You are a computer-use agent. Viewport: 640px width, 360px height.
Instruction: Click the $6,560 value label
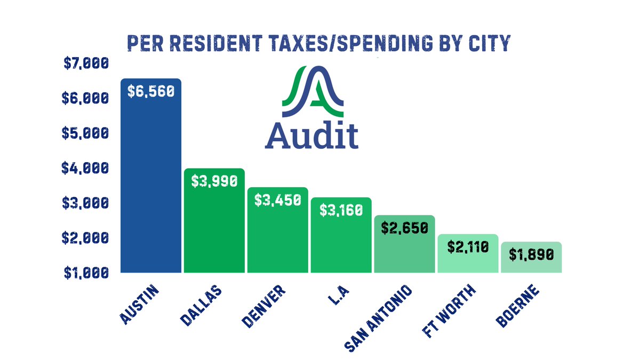pyautogui.click(x=151, y=92)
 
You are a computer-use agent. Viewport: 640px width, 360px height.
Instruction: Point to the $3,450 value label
pyautogui.click(x=277, y=201)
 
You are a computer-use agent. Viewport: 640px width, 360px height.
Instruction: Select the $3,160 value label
pyautogui.click(x=341, y=210)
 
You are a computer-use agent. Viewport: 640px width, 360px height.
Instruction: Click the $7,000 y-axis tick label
pyautogui.click(x=86, y=64)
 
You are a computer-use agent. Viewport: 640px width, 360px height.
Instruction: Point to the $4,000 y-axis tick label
pyautogui.click(x=86, y=169)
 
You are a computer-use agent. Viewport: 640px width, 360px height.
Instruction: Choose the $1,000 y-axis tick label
pyautogui.click(x=86, y=273)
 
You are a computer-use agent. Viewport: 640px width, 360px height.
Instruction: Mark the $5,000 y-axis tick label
pyautogui.click(x=86, y=133)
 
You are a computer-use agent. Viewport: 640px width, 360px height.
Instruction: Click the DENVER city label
pyautogui.click(x=263, y=307)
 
